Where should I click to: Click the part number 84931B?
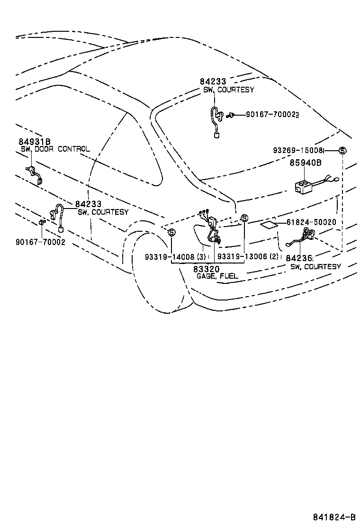[35, 142]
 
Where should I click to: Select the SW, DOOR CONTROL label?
[55, 149]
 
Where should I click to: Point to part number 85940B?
[306, 163]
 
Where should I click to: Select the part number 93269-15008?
[298, 150]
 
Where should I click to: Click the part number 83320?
[206, 269]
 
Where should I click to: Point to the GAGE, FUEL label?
[217, 276]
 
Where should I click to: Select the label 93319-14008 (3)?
[175, 256]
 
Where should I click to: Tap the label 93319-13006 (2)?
[247, 256]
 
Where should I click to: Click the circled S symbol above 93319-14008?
[171, 232]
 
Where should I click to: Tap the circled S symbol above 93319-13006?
[244, 218]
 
